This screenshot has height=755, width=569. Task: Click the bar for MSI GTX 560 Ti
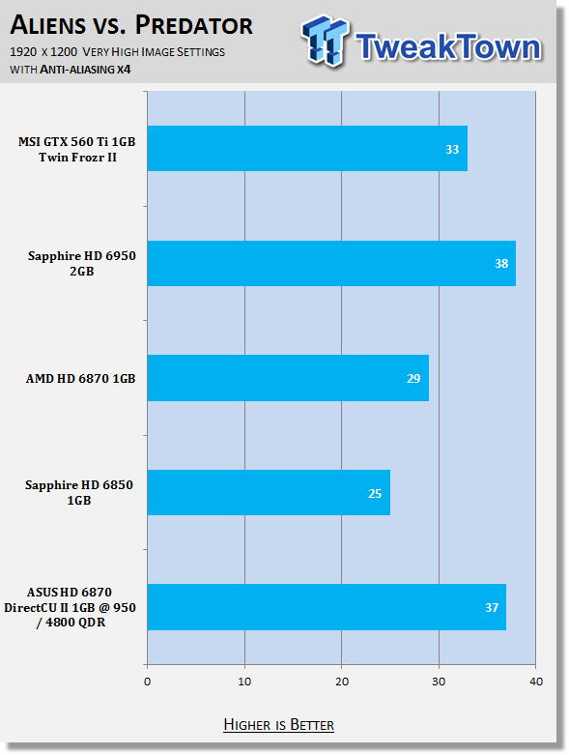tap(307, 148)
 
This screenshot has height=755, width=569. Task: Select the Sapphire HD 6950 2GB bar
tap(331, 263)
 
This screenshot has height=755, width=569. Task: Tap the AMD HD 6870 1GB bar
tap(288, 378)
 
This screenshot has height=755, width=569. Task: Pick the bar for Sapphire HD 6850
tap(269, 493)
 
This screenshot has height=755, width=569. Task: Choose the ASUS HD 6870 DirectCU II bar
tap(327, 607)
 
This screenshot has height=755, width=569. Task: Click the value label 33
tap(452, 149)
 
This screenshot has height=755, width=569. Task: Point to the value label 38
tap(501, 263)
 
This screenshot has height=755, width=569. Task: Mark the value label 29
tap(413, 378)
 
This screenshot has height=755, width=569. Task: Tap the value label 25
tap(375, 494)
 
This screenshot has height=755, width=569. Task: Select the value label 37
tap(492, 608)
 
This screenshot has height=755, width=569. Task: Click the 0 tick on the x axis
tap(147, 682)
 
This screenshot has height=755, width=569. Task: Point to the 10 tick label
tap(244, 682)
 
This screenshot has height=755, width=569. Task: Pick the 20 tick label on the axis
tap(342, 682)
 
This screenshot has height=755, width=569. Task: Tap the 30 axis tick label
tap(439, 682)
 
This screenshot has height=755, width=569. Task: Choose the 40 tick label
tap(536, 682)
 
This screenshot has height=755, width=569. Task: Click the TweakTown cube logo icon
tap(325, 41)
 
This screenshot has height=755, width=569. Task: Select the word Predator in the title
tap(194, 25)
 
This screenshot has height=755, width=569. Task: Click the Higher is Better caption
tap(279, 725)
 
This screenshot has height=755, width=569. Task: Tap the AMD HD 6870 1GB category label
tap(81, 378)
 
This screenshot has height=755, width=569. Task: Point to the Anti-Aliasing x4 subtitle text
tap(85, 70)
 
